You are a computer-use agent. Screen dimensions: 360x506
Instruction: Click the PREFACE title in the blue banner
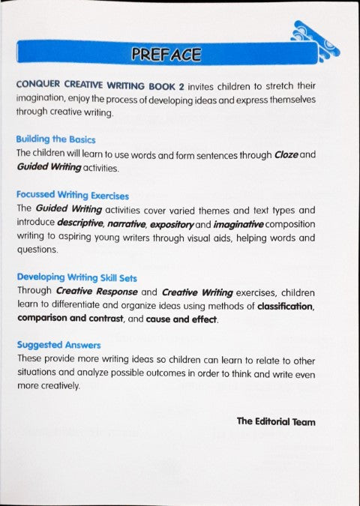point(166,54)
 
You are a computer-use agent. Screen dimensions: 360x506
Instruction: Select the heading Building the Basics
point(55,139)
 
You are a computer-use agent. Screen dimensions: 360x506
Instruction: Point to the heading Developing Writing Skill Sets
point(76,277)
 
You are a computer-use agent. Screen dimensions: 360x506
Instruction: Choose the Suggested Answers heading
point(57,346)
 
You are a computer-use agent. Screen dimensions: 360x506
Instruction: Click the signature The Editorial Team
point(276,421)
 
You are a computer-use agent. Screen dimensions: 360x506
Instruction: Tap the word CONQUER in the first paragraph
point(36,85)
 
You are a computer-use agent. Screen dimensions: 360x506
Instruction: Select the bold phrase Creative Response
point(91,292)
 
